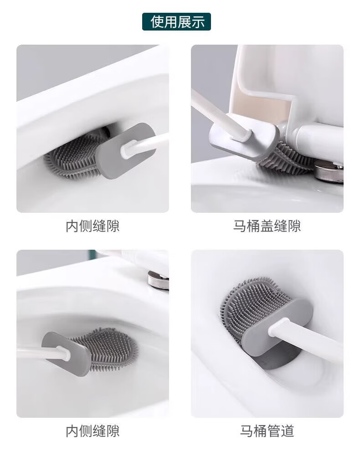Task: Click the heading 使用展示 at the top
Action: [x=177, y=22]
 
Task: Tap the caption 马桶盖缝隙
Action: [x=267, y=226]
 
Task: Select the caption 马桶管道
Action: [x=267, y=431]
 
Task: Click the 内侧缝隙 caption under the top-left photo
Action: [x=93, y=226]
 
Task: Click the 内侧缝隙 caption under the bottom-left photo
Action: [x=93, y=431]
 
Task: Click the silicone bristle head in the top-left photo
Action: [x=74, y=154]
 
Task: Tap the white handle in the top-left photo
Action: [x=144, y=144]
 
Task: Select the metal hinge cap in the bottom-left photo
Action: [x=158, y=280]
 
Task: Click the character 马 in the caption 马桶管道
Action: [x=247, y=431]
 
